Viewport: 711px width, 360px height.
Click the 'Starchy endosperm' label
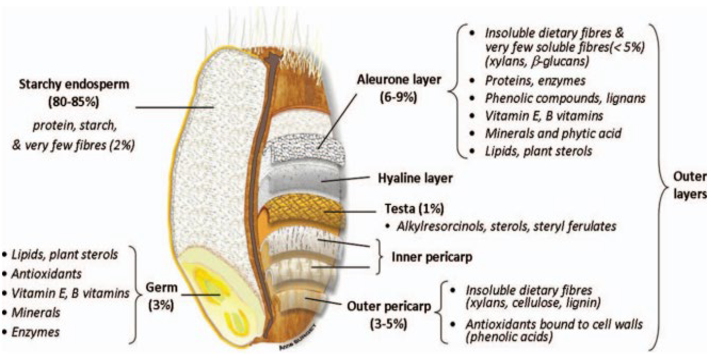74,84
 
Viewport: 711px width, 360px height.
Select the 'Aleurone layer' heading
399,80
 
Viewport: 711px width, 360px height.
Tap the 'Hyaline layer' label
415,178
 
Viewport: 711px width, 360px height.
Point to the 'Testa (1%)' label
414,209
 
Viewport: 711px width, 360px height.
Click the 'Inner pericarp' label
432,257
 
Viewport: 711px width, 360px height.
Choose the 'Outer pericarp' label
389,306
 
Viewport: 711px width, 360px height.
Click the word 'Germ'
162,288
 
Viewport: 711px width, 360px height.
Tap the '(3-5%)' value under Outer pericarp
388,324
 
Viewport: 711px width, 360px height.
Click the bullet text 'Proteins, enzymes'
535,81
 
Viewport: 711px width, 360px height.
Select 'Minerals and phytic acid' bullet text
553,133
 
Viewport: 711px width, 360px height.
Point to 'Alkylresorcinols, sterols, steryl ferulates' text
506,226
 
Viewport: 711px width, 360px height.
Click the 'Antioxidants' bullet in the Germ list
46,274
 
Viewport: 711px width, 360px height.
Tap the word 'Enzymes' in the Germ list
35,332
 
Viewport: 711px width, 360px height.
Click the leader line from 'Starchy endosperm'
174,107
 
